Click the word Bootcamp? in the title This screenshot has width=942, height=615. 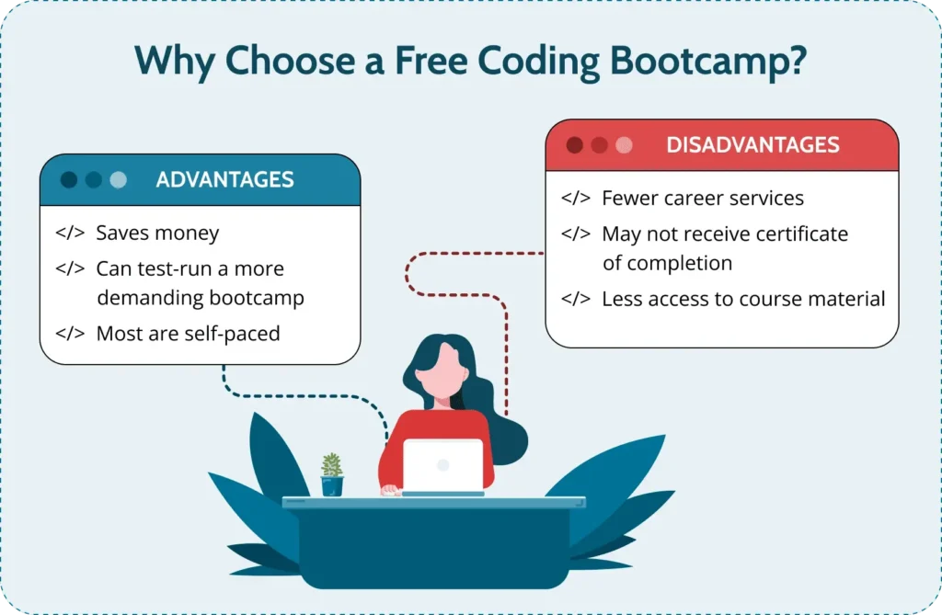[x=708, y=63]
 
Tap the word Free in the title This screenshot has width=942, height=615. [x=431, y=61]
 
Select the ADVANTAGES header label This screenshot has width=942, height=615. [x=224, y=179]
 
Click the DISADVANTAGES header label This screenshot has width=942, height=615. [x=752, y=144]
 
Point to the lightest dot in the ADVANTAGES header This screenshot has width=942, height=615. [x=119, y=179]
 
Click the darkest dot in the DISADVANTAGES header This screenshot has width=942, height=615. [x=574, y=144]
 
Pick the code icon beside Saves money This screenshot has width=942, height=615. [x=70, y=233]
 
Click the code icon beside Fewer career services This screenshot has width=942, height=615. [x=576, y=198]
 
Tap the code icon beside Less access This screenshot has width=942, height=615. [x=576, y=299]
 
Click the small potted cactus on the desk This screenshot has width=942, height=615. [x=332, y=474]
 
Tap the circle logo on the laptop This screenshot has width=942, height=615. [x=443, y=465]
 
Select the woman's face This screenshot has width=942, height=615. [x=442, y=370]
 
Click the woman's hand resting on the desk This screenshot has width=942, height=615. [x=391, y=490]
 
